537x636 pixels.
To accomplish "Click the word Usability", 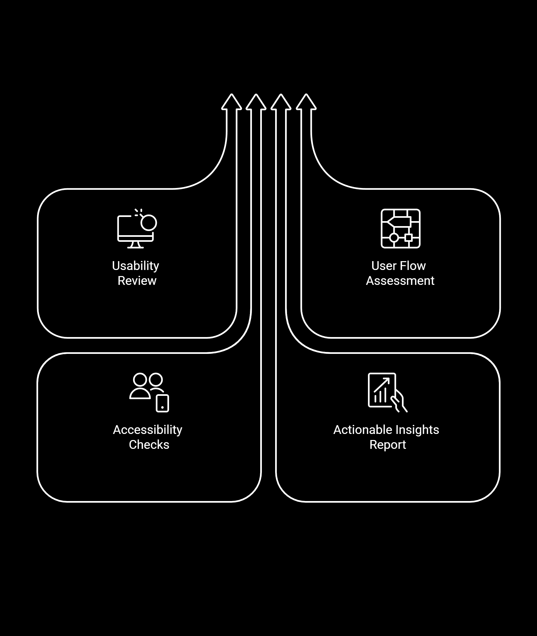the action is pyautogui.click(x=135, y=266).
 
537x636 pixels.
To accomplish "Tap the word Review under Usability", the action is pyautogui.click(x=137, y=281).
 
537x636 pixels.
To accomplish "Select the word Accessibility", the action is pyautogui.click(x=148, y=430).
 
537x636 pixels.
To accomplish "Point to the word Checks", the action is pyautogui.click(x=149, y=445).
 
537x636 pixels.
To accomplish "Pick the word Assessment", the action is pyautogui.click(x=400, y=281).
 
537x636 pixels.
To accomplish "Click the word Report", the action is pyautogui.click(x=388, y=445).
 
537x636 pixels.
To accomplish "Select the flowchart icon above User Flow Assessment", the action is pyautogui.click(x=400, y=229).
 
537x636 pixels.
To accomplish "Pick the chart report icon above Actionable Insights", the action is pyautogui.click(x=387, y=392).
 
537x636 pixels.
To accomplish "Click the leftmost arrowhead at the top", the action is pyautogui.click(x=232, y=102).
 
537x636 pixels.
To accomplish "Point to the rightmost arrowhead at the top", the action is pyautogui.click(x=306, y=102).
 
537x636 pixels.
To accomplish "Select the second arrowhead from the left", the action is pyautogui.click(x=256, y=102).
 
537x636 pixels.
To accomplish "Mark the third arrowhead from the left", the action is pyautogui.click(x=281, y=102).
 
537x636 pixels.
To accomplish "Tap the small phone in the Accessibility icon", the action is pyautogui.click(x=162, y=403).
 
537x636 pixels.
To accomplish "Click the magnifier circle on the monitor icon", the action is pyautogui.click(x=149, y=223).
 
